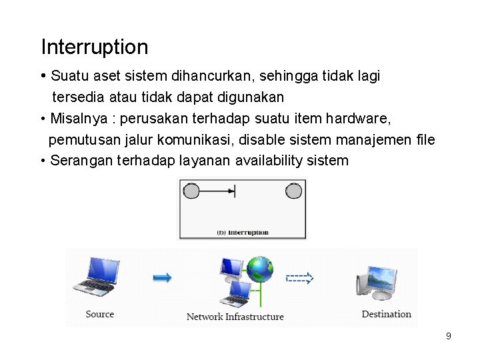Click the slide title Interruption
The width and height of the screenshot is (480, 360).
95,47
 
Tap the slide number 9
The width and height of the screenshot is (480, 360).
449,336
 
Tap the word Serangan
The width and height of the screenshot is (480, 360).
81,161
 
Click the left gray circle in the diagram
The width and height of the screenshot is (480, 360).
191,191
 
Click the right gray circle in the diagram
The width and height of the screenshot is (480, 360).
293,191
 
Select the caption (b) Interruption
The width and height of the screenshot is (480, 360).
243,233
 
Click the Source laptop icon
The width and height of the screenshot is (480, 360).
97,277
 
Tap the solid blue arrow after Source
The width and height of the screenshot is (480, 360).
162,277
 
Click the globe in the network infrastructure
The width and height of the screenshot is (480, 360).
260,270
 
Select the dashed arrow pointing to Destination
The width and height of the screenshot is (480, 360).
299,279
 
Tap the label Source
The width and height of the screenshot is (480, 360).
100,314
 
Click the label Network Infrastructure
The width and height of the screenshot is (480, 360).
235,317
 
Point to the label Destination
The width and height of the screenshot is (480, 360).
386,314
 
